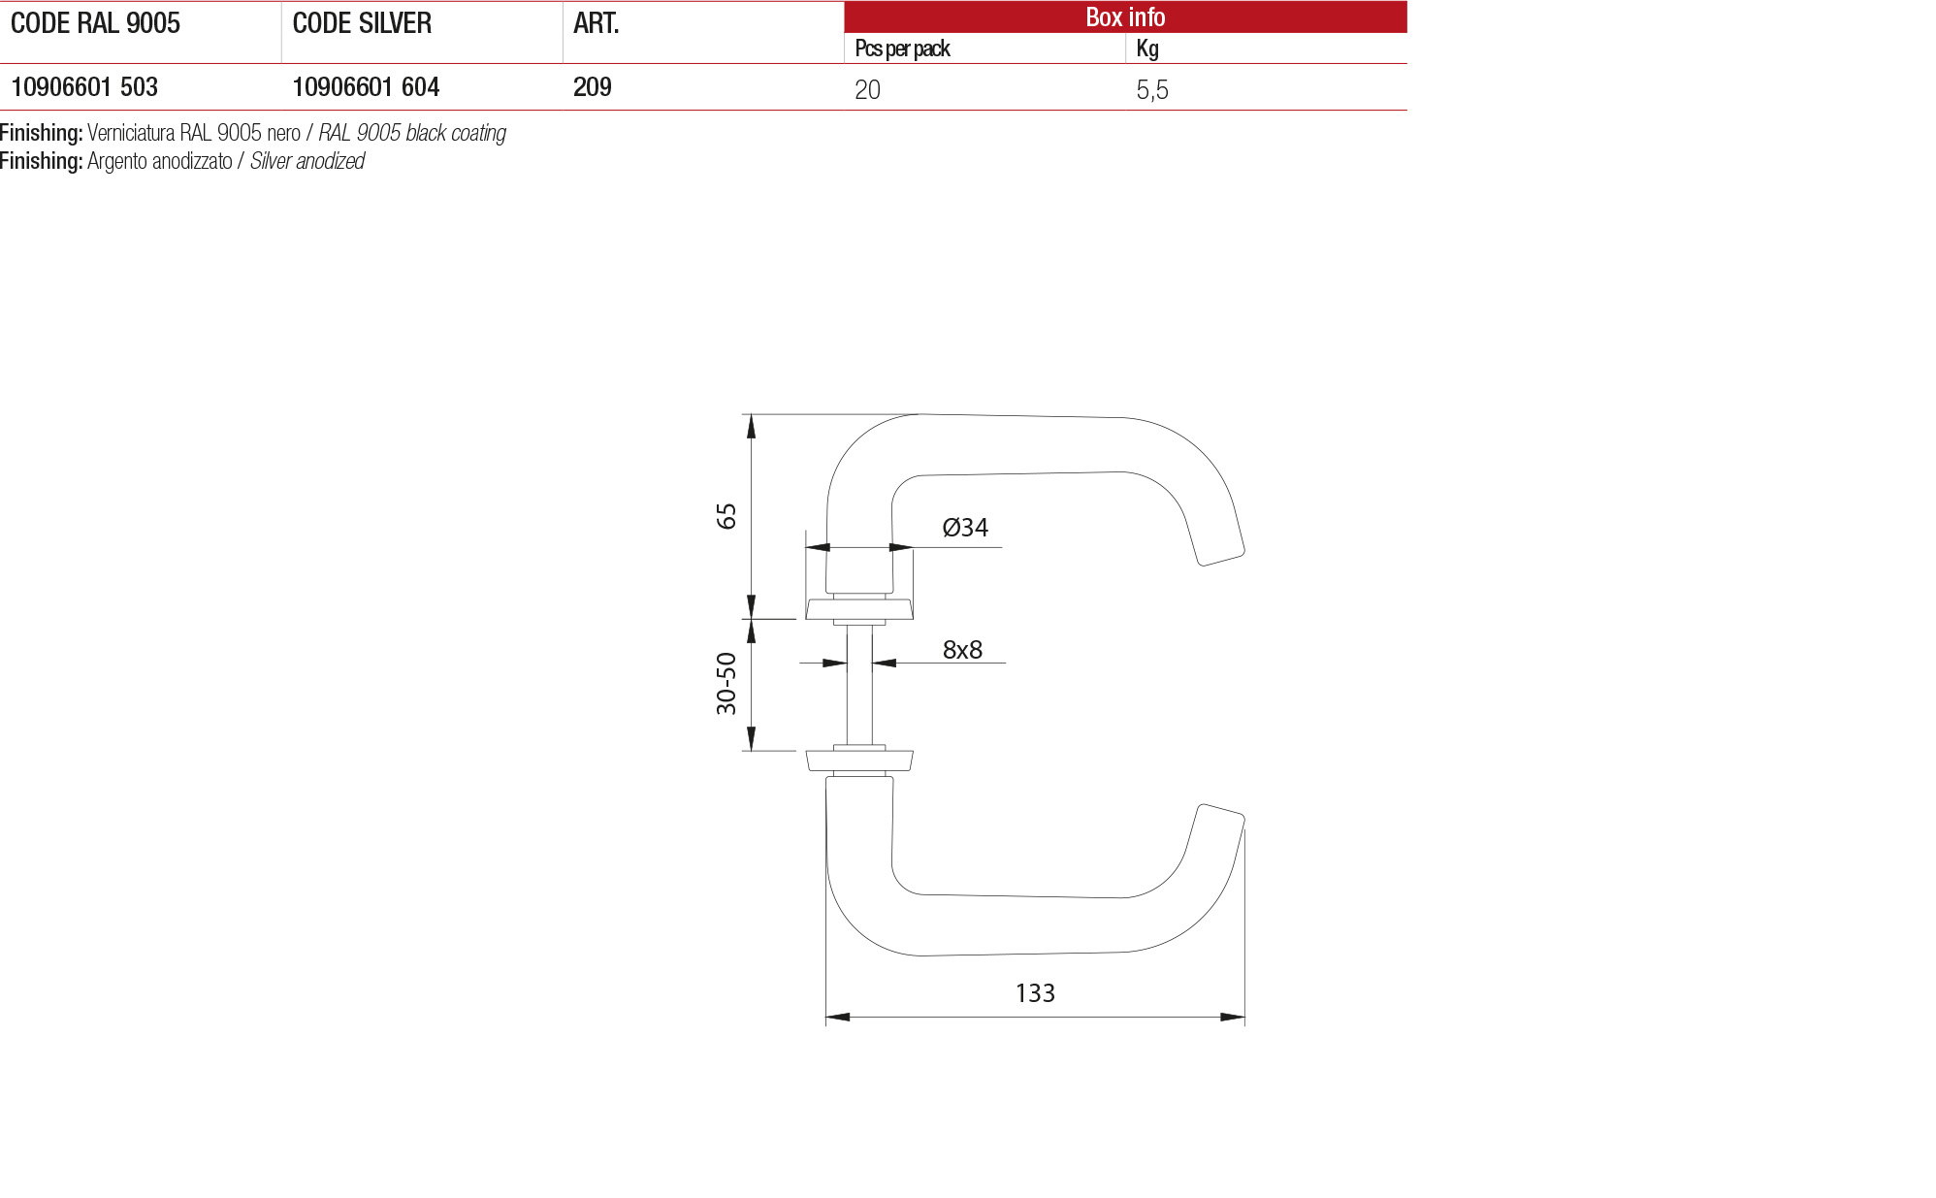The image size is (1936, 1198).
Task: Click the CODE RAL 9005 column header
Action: (x=95, y=23)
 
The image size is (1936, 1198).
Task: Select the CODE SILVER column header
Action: (x=362, y=23)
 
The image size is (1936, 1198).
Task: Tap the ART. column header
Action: (x=596, y=23)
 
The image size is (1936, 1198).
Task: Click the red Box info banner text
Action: (x=1124, y=16)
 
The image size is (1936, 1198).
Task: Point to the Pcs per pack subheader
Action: (x=902, y=49)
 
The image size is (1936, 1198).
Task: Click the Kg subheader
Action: (x=1146, y=49)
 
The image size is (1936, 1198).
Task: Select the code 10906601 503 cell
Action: (x=84, y=87)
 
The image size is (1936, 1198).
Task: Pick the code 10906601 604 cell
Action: (x=366, y=87)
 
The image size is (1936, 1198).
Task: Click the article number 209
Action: (x=592, y=87)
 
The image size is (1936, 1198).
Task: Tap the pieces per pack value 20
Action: (x=867, y=90)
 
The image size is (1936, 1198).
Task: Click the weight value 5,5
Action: (x=1151, y=90)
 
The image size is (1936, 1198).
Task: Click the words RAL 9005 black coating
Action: (x=412, y=133)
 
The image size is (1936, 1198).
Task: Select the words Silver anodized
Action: (x=307, y=161)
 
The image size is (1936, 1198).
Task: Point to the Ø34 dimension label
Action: (x=965, y=528)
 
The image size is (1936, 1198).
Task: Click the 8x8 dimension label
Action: (x=962, y=650)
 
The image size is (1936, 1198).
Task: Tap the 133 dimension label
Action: (x=1035, y=993)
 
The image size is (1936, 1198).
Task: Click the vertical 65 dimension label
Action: (x=726, y=516)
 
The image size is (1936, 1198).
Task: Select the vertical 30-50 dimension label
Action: (x=726, y=684)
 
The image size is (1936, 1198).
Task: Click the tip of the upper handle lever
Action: (x=1221, y=555)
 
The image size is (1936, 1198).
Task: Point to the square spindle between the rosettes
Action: (x=859, y=685)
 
